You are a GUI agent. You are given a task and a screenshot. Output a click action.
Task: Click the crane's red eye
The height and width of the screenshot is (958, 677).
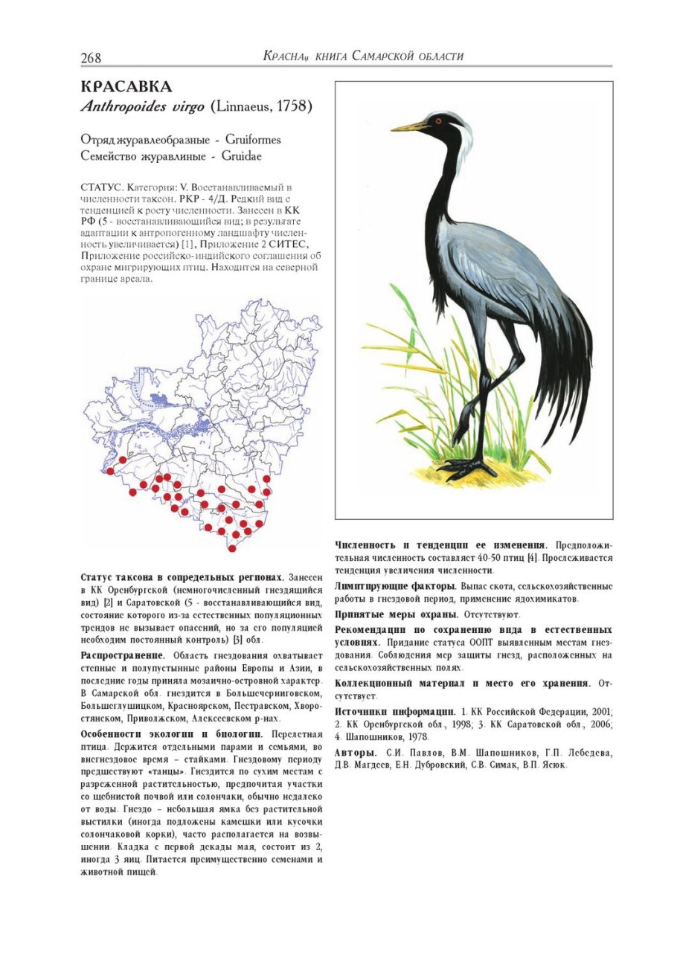[438, 120]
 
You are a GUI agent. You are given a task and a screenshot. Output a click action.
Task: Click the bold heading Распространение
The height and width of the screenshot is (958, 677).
[122, 655]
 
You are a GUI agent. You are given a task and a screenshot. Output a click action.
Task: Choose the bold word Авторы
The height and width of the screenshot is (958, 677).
[356, 753]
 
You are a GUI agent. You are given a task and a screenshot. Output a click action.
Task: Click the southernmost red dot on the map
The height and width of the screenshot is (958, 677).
[232, 548]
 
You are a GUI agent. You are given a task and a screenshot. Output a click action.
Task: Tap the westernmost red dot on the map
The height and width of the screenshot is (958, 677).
[110, 471]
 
